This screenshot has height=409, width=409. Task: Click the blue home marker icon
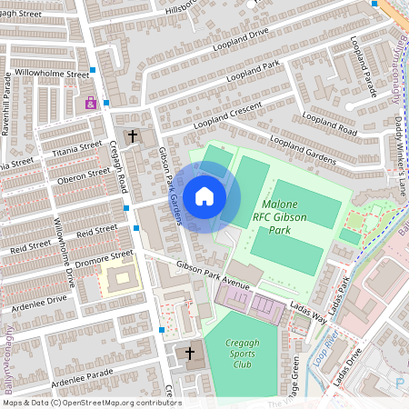coord(204,196)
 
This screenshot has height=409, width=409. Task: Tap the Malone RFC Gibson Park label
coord(289,218)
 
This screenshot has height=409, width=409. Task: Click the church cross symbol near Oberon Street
coord(133,137)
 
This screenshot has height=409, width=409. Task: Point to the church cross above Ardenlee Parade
coord(190,353)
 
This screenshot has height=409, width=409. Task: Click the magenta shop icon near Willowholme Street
coord(90,104)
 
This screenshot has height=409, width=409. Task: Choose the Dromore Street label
coord(105,258)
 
